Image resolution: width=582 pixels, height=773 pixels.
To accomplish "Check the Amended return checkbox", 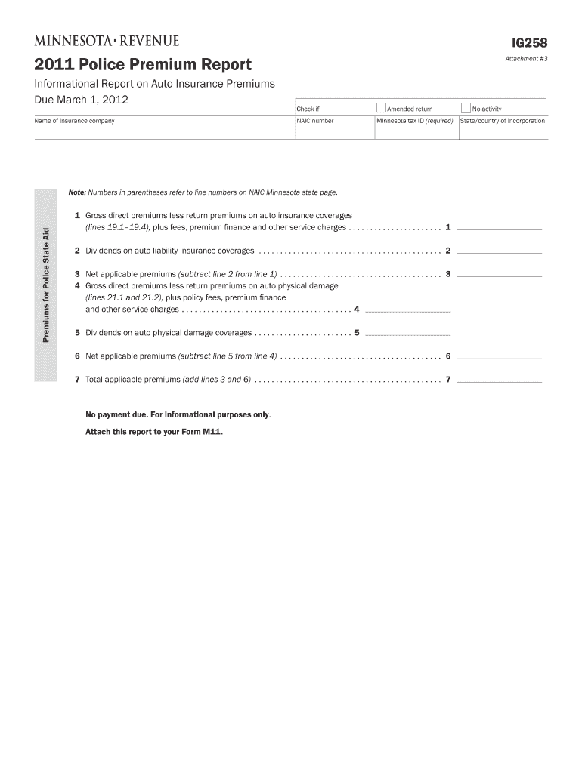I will (381, 108).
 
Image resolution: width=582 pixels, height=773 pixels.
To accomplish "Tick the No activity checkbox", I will (466, 108).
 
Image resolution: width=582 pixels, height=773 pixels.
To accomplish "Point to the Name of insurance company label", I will (74, 121).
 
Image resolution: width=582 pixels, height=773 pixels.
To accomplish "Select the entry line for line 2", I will (500, 251).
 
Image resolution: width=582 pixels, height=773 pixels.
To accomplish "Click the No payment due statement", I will (178, 415).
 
